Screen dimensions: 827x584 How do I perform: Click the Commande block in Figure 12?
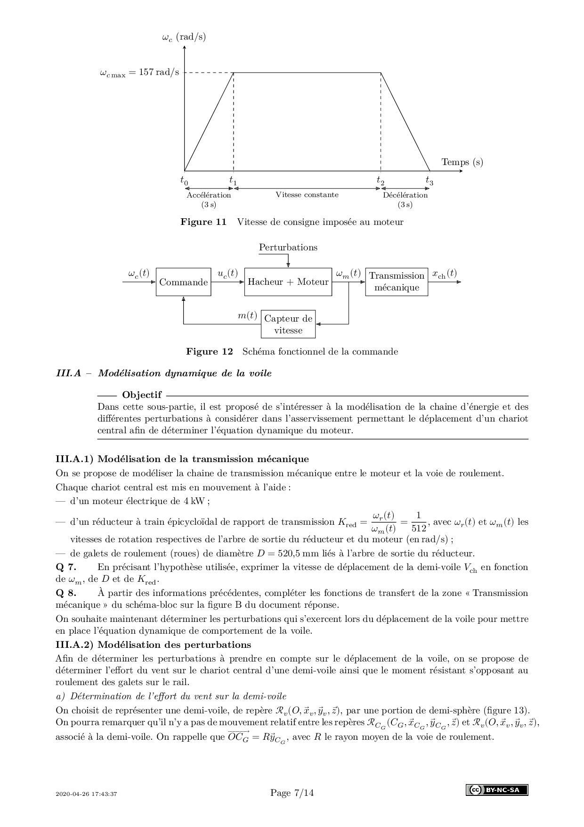pyautogui.click(x=183, y=282)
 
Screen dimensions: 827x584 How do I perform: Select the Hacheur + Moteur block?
pyautogui.click(x=288, y=282)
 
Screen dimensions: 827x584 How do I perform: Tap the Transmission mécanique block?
pyautogui.click(x=397, y=282)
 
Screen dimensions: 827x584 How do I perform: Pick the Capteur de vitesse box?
pyautogui.click(x=288, y=324)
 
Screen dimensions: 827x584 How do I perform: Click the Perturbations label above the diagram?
pyautogui.click(x=288, y=248)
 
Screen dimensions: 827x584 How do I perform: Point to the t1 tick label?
pyautogui.click(x=233, y=180)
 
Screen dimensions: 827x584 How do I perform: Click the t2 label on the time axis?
pyautogui.click(x=380, y=180)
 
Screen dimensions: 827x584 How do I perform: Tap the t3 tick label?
pyautogui.click(x=429, y=180)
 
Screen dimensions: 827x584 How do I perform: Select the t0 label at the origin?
pyautogui.click(x=184, y=180)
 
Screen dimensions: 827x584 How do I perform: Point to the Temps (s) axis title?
pyautogui.click(x=462, y=162)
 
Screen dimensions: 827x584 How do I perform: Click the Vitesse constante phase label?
pyautogui.click(x=307, y=195)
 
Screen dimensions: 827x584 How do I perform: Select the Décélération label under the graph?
pyautogui.click(x=405, y=195)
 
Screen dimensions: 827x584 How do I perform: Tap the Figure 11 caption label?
pyautogui.click(x=203, y=222)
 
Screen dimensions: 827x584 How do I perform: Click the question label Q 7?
pyautogui.click(x=65, y=567)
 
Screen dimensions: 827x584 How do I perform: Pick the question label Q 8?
pyautogui.click(x=65, y=593)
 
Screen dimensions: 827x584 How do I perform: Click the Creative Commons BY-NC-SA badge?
pyautogui.click(x=497, y=790)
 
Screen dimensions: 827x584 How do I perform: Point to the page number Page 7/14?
pyautogui.click(x=292, y=793)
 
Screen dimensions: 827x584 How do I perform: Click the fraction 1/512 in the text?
pyautogui.click(x=419, y=521)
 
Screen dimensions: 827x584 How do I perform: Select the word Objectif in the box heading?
pyautogui.click(x=142, y=395)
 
